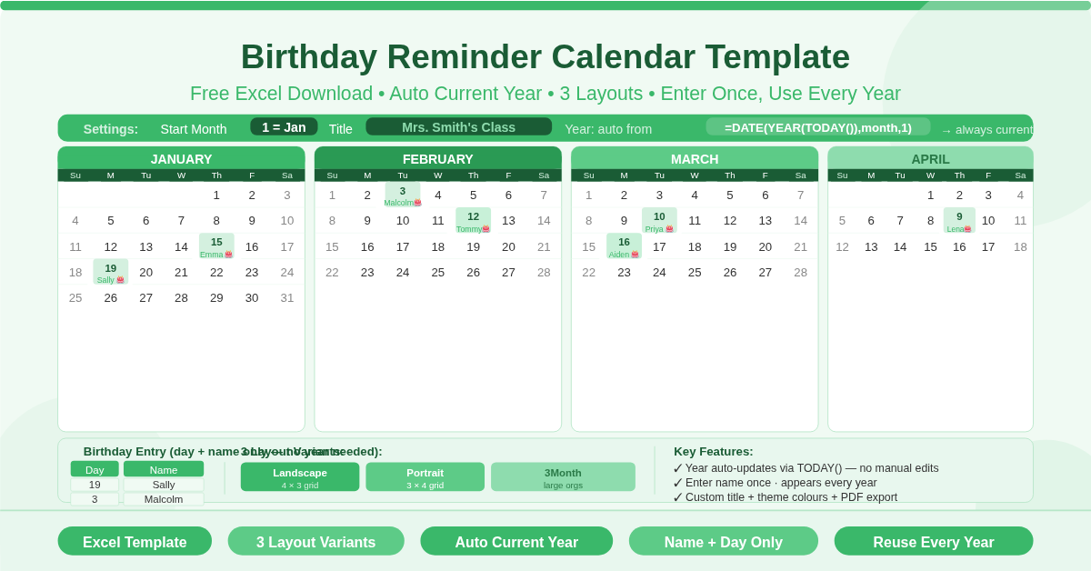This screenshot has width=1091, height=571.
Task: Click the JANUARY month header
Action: [x=181, y=158]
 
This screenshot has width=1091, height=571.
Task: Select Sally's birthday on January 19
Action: [x=111, y=272]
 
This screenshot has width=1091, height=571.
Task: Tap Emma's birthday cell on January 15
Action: [x=216, y=246]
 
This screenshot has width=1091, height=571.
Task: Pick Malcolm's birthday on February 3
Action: [x=403, y=195]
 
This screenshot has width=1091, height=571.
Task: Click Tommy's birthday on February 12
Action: [x=473, y=221]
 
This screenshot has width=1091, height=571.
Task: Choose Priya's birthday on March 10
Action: [x=659, y=221]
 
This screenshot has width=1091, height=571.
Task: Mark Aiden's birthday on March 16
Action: [x=624, y=246]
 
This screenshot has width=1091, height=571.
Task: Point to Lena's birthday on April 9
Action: [x=959, y=221]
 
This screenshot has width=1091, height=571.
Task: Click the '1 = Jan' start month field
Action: [x=284, y=127]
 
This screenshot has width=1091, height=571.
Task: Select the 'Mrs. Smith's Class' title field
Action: [x=458, y=127]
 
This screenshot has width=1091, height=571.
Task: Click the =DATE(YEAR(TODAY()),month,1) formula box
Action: [x=817, y=127]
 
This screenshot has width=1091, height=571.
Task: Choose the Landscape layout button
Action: [x=300, y=477]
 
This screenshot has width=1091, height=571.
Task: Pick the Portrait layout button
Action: [x=425, y=477]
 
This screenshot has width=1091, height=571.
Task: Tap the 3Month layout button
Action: [x=563, y=477]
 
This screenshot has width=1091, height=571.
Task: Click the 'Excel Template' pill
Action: [x=135, y=542]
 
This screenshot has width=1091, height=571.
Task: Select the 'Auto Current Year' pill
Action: [x=516, y=542]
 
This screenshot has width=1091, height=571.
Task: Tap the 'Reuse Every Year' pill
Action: [x=933, y=542]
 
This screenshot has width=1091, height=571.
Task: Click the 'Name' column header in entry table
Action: [x=164, y=469]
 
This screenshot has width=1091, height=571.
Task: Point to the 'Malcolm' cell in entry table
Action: [x=164, y=499]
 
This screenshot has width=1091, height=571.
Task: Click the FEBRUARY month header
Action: [x=437, y=158]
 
